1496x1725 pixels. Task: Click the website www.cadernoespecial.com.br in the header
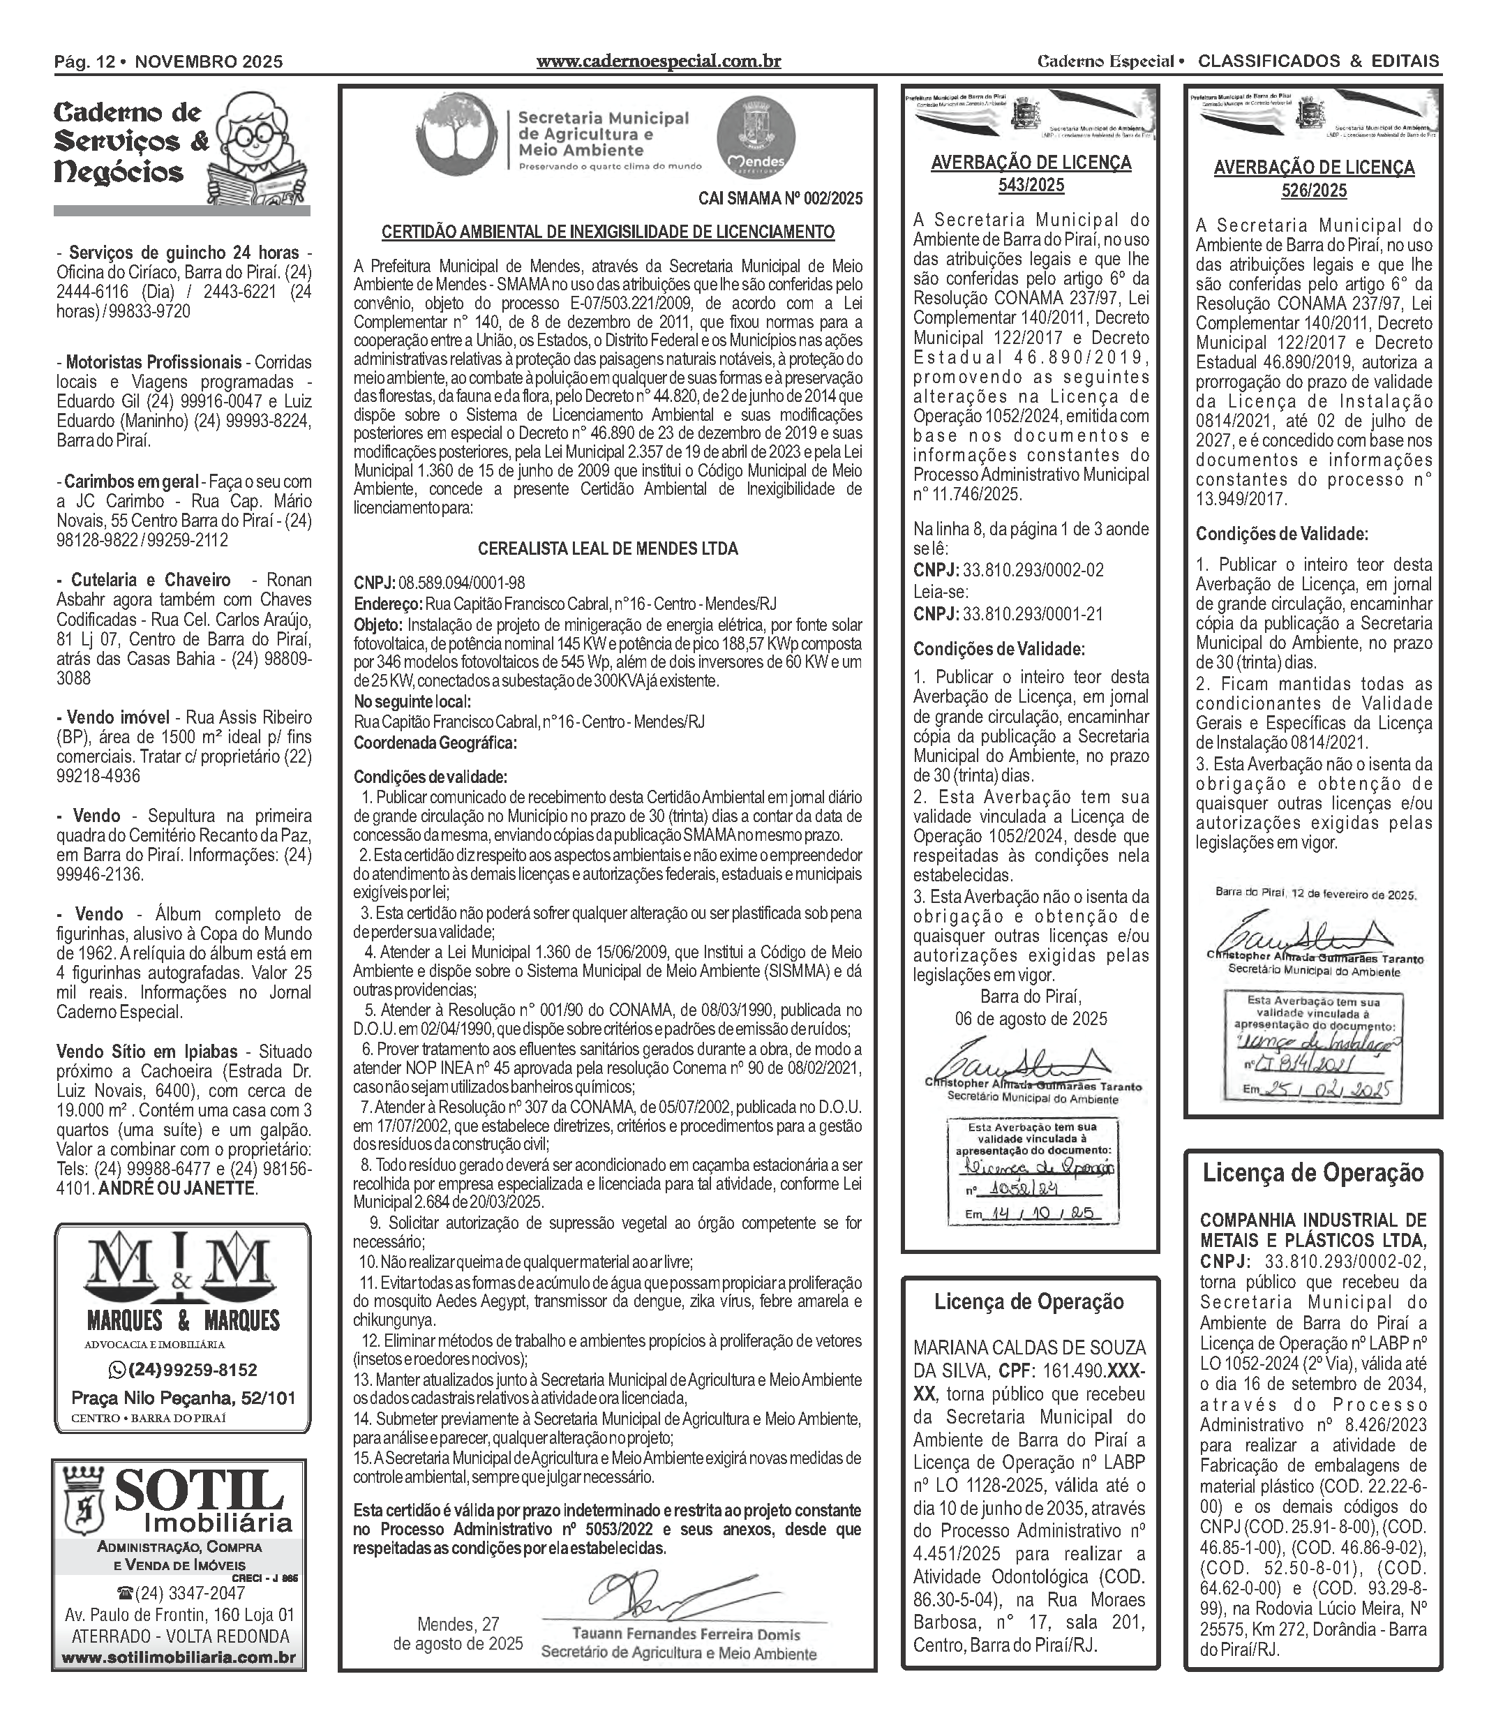[658, 61]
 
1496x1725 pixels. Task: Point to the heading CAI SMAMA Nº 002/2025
[779, 199]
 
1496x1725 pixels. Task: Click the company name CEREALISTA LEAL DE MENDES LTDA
[608, 548]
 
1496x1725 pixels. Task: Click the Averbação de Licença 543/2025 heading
[1031, 174]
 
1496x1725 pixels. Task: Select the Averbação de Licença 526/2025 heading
[1314, 179]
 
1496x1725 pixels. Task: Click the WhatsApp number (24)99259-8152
[183, 1370]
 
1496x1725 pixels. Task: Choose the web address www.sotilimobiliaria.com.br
[179, 1657]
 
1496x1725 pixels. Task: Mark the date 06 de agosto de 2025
[1031, 1019]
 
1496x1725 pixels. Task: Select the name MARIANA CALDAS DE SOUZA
[1029, 1347]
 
